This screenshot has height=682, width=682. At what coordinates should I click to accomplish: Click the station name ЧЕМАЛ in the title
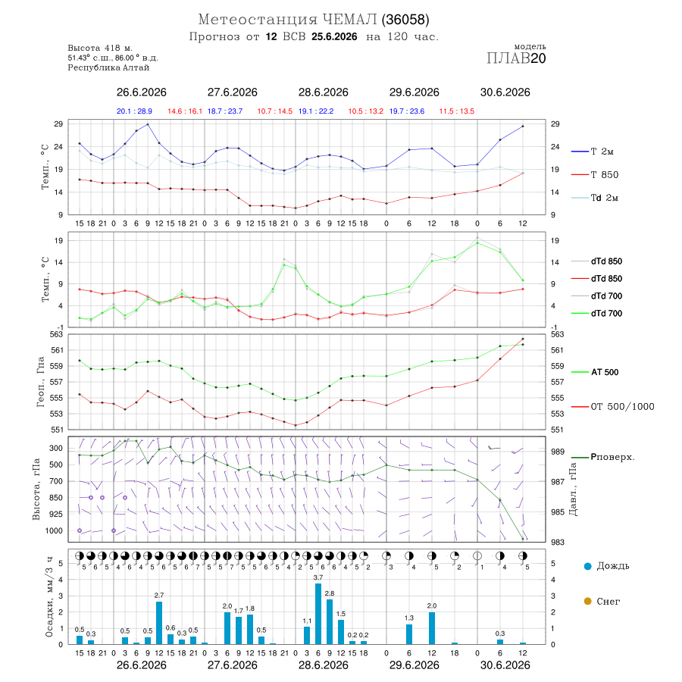tap(349, 20)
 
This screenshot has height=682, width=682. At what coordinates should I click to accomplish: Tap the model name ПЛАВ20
tap(516, 58)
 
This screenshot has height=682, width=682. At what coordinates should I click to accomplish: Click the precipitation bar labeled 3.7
tap(318, 614)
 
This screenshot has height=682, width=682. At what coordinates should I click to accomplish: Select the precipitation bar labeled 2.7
tap(159, 623)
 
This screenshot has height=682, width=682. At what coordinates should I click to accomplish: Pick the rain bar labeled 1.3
tap(409, 634)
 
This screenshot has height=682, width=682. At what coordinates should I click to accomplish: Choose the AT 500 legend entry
tap(595, 372)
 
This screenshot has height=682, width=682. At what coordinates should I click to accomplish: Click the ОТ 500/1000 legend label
tap(613, 407)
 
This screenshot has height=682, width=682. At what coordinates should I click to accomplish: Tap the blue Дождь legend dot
tap(588, 566)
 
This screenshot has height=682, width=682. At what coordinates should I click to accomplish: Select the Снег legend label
tap(608, 602)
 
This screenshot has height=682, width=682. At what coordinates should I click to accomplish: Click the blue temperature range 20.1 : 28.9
tap(134, 111)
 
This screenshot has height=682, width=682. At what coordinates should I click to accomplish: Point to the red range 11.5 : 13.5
tap(457, 111)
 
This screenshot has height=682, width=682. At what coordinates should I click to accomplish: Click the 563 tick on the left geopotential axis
tap(58, 334)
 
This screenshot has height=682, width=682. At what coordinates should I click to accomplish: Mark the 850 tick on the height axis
tap(55, 498)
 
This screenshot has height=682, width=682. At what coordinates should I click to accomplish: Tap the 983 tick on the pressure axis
tap(558, 543)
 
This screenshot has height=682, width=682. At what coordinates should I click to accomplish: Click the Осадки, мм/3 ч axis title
tap(50, 597)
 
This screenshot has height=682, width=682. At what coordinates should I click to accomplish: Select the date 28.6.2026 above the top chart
tap(323, 92)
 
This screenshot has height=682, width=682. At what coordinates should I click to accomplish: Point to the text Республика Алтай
tap(108, 68)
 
